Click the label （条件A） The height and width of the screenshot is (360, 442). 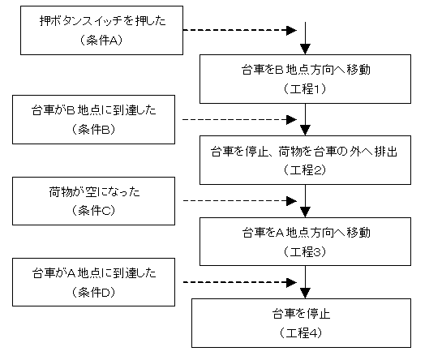pos(101,41)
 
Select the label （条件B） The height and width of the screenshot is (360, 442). pos(93,130)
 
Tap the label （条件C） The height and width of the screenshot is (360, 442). pos(93,211)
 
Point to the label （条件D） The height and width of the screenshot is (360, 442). pos(93,293)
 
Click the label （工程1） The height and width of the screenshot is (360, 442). pos(305,89)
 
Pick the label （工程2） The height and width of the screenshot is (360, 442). pos(305,170)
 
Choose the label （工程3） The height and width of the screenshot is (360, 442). pos(305,251)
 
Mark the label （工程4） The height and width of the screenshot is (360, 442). pos(301,333)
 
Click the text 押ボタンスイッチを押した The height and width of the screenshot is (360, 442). pos(103,21)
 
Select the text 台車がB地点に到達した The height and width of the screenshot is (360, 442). pos(94,110)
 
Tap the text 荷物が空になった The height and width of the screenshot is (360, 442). pos(94,192)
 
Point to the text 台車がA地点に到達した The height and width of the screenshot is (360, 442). pos(94,273)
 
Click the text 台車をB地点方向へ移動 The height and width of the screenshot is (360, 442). pos(306,70)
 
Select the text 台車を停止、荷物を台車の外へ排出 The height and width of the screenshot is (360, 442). pos(304,152)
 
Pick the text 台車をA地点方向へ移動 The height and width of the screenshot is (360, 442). pos(306,233)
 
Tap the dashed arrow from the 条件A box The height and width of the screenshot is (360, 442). pos(240,30)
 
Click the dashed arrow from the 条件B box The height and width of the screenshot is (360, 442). pos(240,119)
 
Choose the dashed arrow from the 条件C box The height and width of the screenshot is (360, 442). pos(240,201)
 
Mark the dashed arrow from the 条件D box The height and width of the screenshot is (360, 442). pos(240,282)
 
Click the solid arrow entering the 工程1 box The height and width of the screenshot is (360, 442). pos(305,38)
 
